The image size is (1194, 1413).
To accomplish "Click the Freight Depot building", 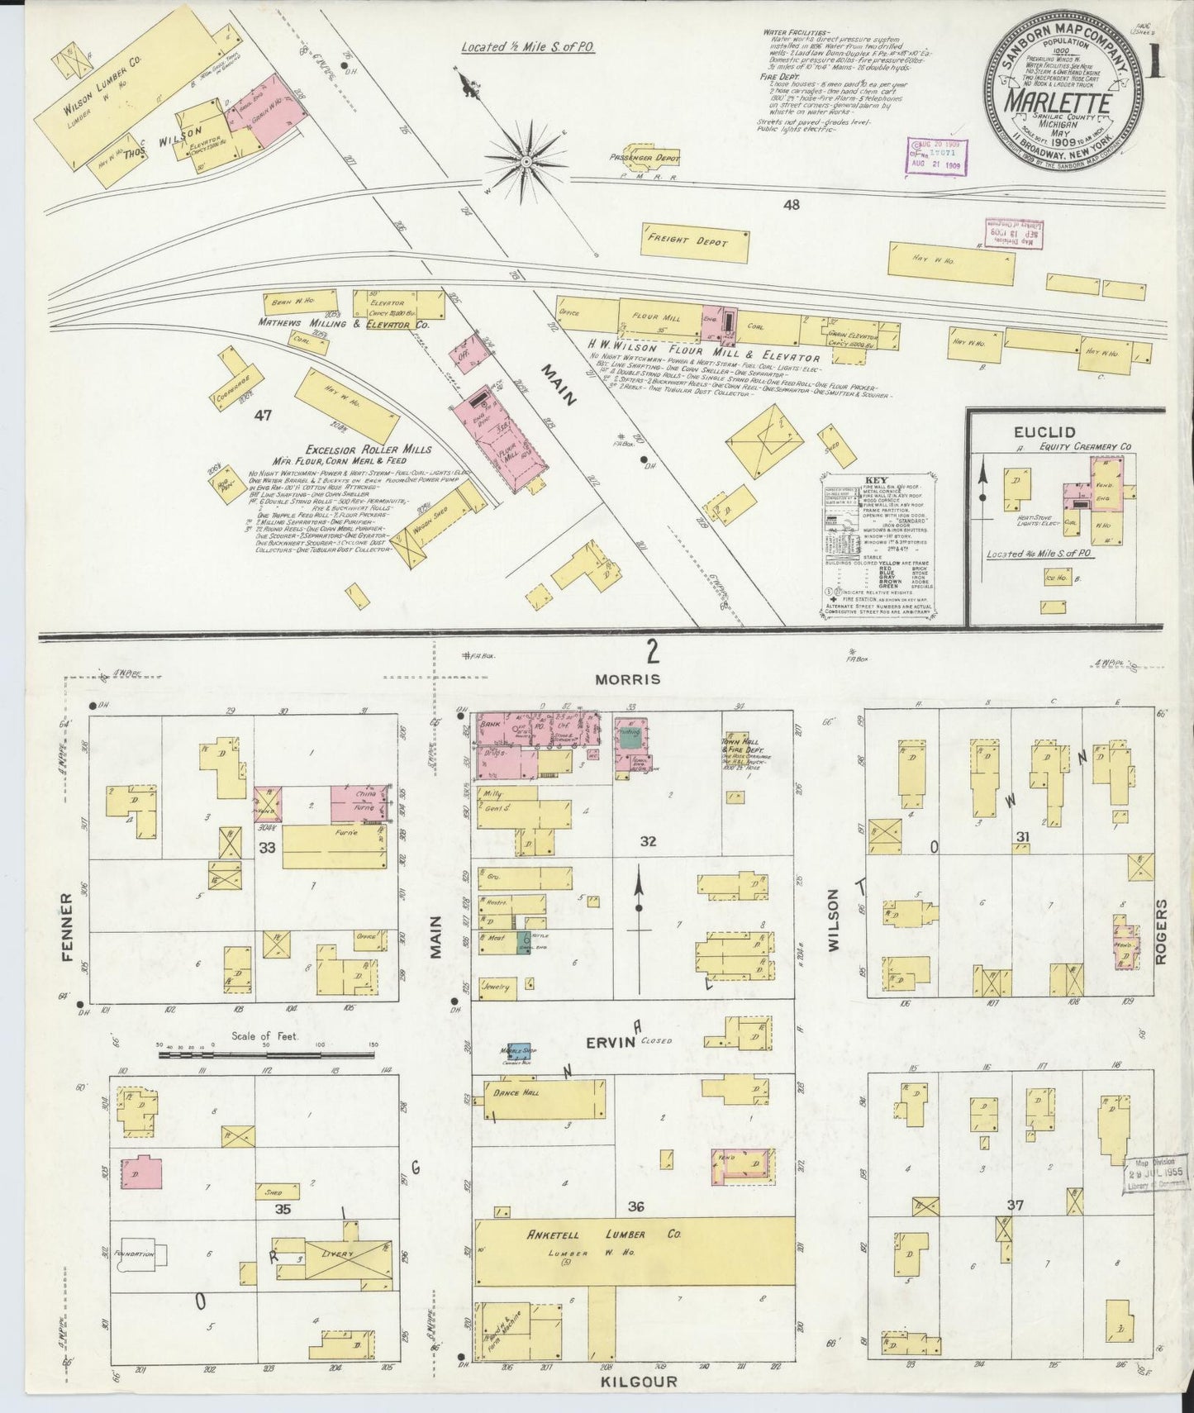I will point(697,240).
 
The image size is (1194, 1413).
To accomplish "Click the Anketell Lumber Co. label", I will point(604,1235).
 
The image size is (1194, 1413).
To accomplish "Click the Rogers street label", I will point(1162,932).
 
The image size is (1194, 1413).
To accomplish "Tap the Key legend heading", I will point(876,482).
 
